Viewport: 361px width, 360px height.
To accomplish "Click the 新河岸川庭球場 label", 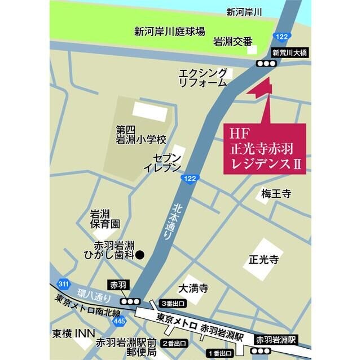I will click(x=169, y=31).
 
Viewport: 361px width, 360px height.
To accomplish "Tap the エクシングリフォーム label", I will click(x=202, y=78).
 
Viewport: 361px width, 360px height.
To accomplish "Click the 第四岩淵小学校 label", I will click(x=141, y=134).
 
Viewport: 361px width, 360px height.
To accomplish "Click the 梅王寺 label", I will click(x=276, y=194).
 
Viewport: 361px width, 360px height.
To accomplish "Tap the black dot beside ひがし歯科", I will click(x=142, y=254).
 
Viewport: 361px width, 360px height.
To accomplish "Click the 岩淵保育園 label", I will click(x=105, y=219).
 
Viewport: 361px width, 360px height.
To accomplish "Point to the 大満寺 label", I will click(x=193, y=289).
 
